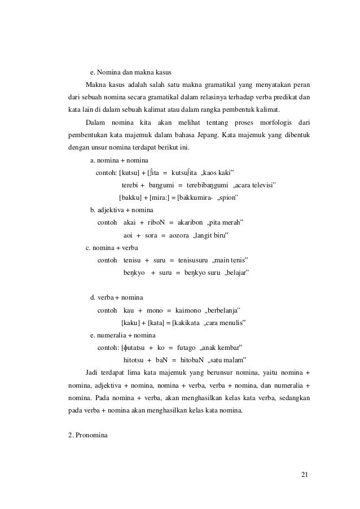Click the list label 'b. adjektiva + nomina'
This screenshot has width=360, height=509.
pyautogui.click(x=125, y=210)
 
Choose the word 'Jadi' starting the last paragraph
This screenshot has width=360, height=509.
pyautogui.click(x=91, y=372)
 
